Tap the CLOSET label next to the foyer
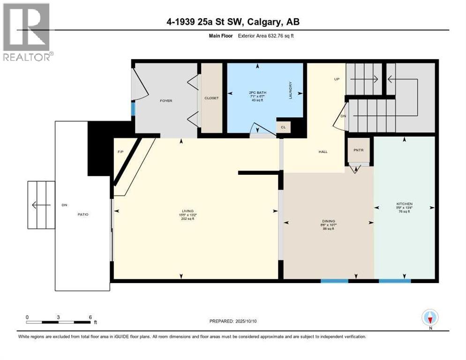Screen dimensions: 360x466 pyautogui.click(x=211, y=98)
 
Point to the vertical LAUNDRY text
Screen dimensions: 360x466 pyautogui.click(x=290, y=90)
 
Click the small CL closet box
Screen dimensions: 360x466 pyautogui.click(x=283, y=127)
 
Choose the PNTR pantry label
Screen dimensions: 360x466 pyautogui.click(x=359, y=150)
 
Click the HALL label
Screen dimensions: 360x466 pyautogui.click(x=323, y=152)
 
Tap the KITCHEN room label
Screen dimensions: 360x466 pyautogui.click(x=404, y=204)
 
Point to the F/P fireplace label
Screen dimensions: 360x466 pyautogui.click(x=120, y=151)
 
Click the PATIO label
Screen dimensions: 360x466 pyautogui.click(x=83, y=214)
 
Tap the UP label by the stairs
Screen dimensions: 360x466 pyautogui.click(x=337, y=79)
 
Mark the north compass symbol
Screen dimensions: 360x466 pyautogui.click(x=429, y=318)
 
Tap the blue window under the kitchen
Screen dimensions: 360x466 pyautogui.click(x=394, y=281)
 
